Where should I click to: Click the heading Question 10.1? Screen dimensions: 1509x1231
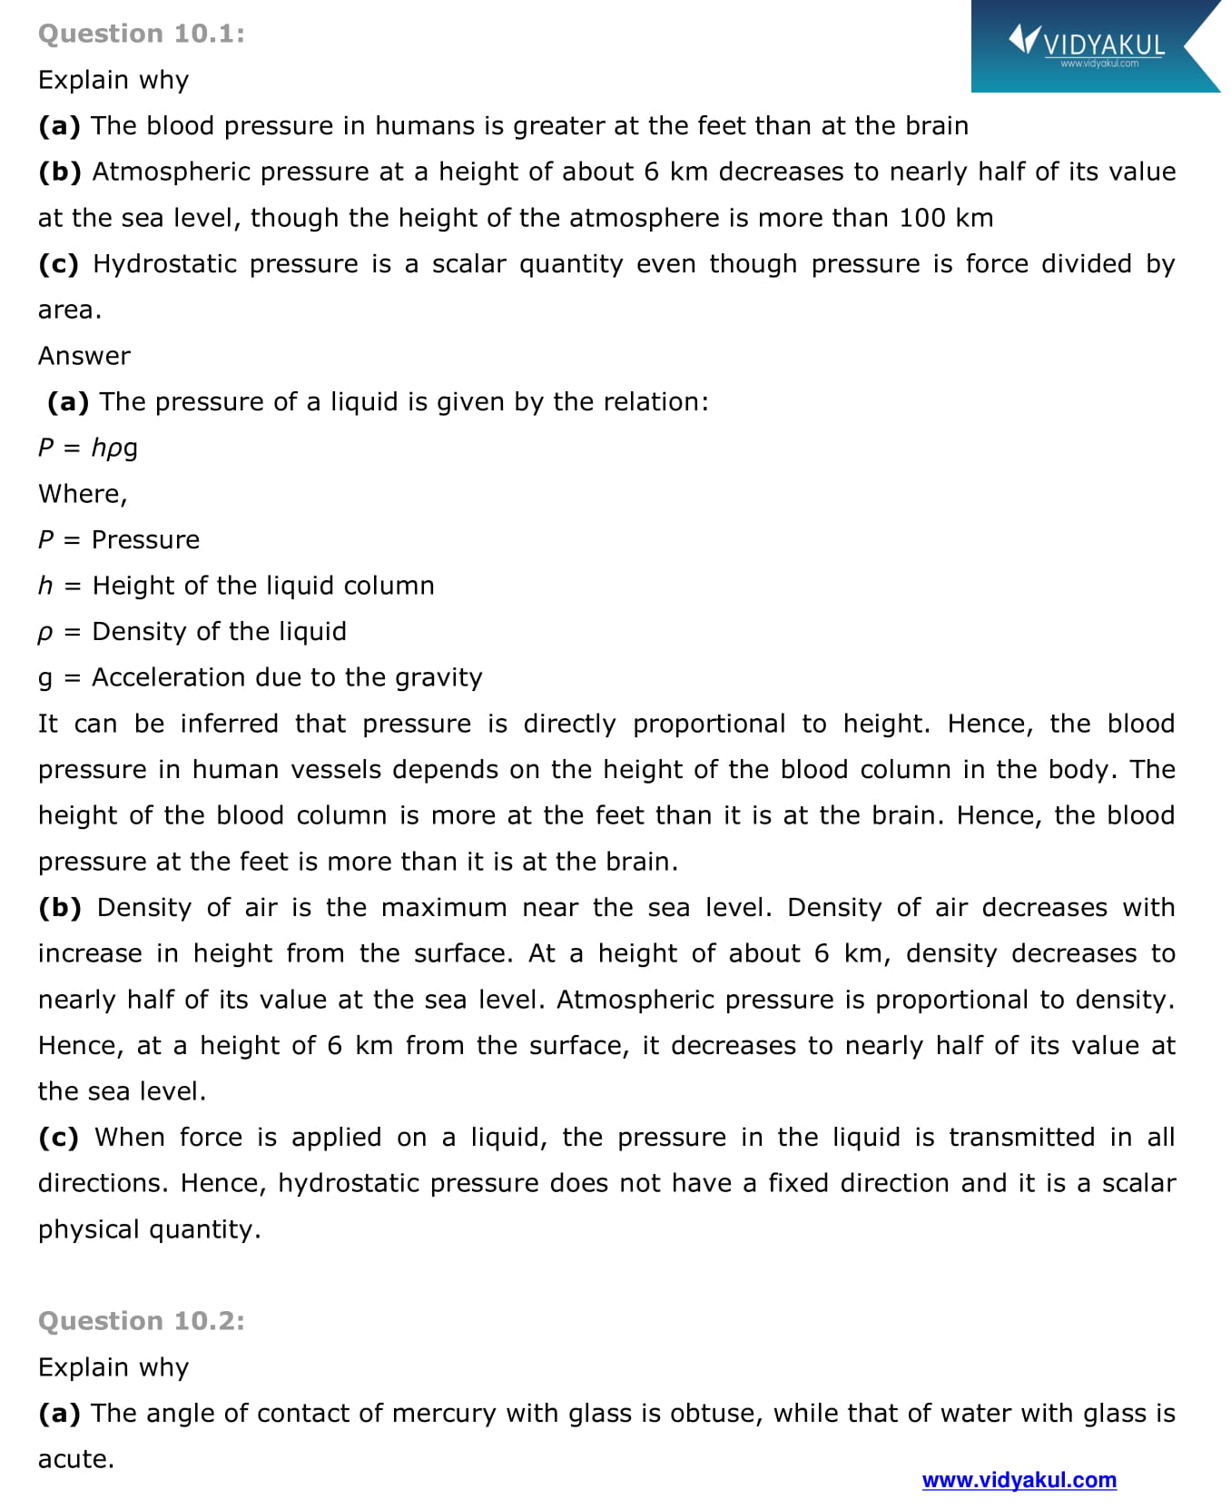pos(141,34)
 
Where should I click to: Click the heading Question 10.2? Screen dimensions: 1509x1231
pos(141,1321)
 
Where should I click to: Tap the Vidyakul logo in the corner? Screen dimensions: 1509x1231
pos(1088,44)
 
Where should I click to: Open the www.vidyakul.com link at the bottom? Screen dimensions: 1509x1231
pos(1019,1480)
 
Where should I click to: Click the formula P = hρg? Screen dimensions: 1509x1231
pos(88,448)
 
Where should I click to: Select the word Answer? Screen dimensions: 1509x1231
pos(84,356)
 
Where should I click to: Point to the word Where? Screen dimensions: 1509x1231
pos(83,494)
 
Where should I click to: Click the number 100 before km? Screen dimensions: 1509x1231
pos(921,218)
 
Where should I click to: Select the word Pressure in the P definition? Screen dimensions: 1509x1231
pos(145,540)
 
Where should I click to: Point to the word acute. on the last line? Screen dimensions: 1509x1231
pos(76,1460)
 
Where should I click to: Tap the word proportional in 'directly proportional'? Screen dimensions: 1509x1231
pos(708,724)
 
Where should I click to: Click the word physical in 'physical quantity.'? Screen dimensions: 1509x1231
pos(88,1230)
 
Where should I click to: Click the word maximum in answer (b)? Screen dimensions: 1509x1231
pos(444,908)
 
